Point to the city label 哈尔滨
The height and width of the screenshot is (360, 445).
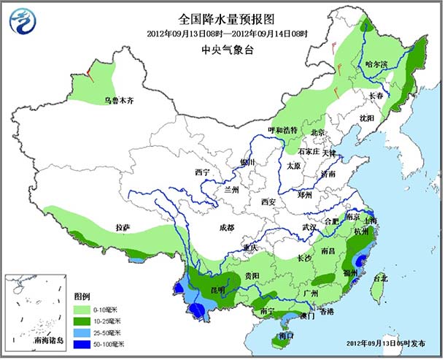pyautogui.click(x=378, y=64)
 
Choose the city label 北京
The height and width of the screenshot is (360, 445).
pyautogui.click(x=317, y=132)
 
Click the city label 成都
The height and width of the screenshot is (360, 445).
pyautogui.click(x=227, y=228)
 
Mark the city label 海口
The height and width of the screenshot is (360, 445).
pyautogui.click(x=287, y=335)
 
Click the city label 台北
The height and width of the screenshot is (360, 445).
pyautogui.click(x=380, y=278)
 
